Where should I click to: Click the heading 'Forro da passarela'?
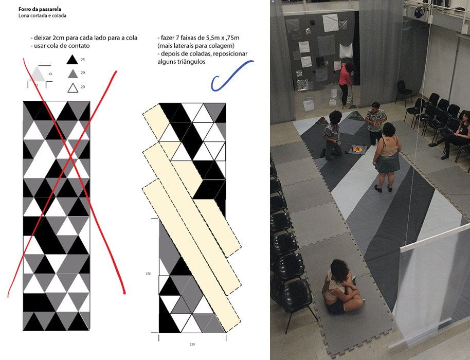(x=40, y=9)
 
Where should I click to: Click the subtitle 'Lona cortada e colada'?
(x=42, y=15)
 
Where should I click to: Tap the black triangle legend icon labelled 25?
(x=72, y=60)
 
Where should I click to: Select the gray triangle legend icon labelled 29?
(x=73, y=74)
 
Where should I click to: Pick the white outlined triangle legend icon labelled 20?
(x=73, y=88)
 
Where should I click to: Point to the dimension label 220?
(x=192, y=344)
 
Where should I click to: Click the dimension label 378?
(x=148, y=274)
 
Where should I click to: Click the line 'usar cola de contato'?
(x=62, y=46)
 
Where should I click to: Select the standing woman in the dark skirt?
(x=387, y=157)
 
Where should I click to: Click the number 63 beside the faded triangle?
(x=50, y=74)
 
